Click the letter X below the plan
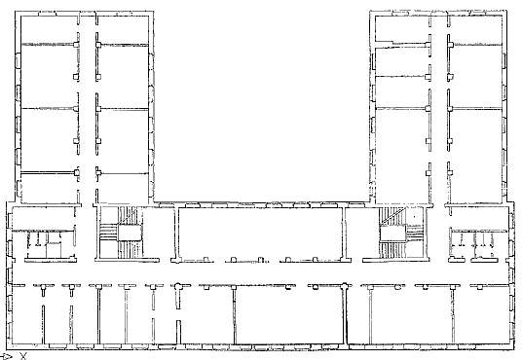[x=23, y=356]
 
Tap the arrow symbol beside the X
[x=7, y=357]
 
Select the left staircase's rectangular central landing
[x=130, y=233]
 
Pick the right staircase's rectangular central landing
[x=393, y=234]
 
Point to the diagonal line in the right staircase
[x=393, y=216]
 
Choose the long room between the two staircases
[x=260, y=233]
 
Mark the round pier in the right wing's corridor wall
[x=428, y=108]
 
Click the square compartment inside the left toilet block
[x=54, y=250]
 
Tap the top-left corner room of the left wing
[x=49, y=29]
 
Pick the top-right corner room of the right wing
[x=476, y=29]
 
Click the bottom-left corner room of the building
[x=27, y=314]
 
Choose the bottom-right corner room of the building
[x=480, y=314]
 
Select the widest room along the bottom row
[x=289, y=314]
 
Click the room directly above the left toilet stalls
[x=43, y=218]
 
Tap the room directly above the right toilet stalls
[x=478, y=218]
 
